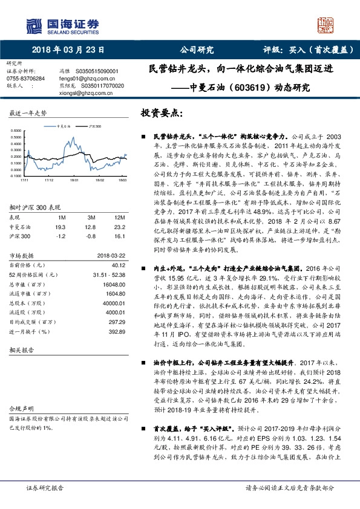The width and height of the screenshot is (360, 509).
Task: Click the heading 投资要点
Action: [x=162, y=114]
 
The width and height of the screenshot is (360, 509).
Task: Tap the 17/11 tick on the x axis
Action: [x=24, y=180]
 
